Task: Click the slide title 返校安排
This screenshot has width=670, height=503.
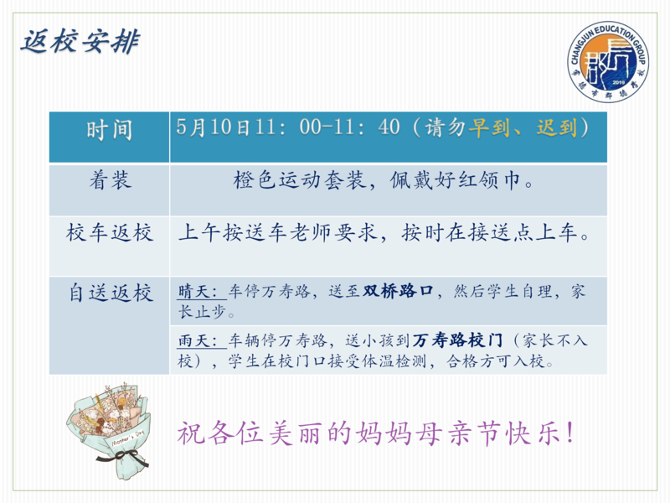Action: point(80,42)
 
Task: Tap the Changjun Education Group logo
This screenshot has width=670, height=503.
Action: point(609,61)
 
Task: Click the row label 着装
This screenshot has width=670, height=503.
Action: point(111,179)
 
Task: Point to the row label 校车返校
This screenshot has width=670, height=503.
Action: point(110,233)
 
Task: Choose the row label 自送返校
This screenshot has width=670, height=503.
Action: point(111,293)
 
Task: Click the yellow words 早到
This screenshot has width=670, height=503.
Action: point(489,127)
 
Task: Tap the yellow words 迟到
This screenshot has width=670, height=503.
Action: point(557,127)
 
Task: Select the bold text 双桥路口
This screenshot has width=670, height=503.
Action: point(398,291)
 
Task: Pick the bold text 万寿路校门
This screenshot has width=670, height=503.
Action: point(457,340)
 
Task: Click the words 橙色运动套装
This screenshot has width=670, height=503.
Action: point(299,179)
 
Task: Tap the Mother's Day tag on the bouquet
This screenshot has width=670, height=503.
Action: point(128,438)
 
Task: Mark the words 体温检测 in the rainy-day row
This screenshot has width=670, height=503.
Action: point(394,361)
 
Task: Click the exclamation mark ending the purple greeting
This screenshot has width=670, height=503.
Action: point(569,433)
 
